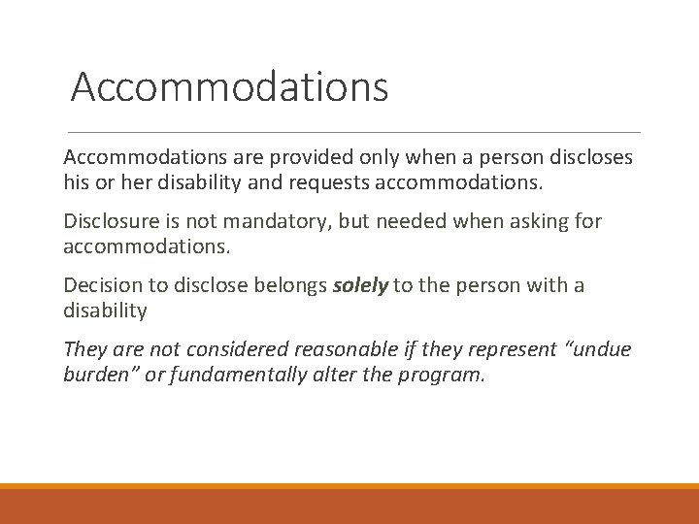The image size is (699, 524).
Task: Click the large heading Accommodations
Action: point(229,86)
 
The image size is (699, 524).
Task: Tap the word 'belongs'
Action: point(289,286)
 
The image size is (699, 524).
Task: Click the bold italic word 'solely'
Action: point(361,286)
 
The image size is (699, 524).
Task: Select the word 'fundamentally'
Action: point(238,374)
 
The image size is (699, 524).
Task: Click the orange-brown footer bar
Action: point(349,506)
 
